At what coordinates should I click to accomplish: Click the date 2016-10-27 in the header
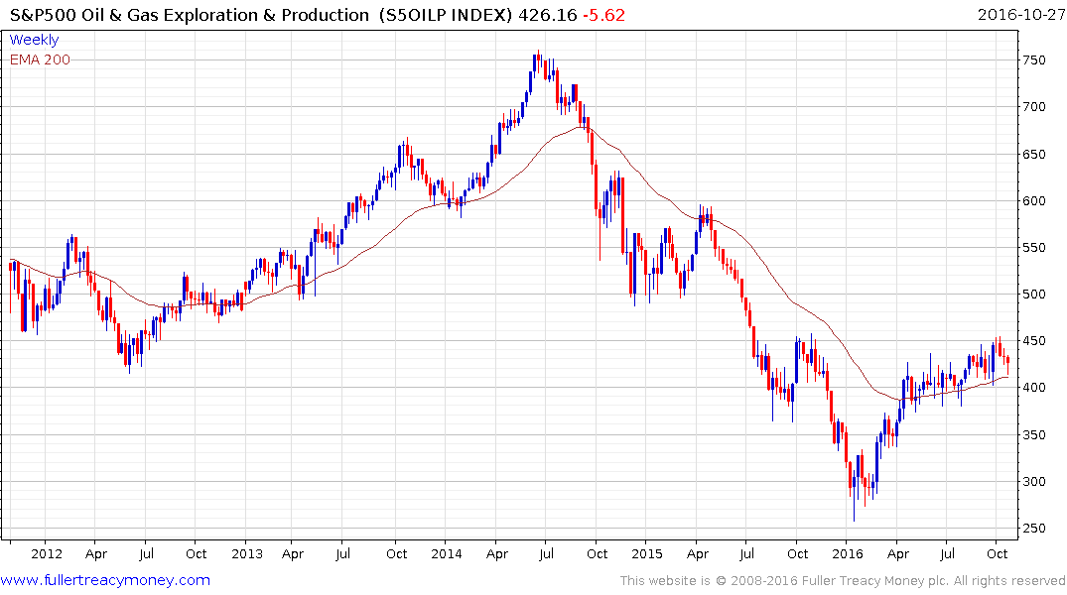click(1019, 15)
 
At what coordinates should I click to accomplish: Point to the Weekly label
click(34, 40)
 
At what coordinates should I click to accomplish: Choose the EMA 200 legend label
click(40, 59)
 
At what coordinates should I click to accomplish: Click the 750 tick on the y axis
click(1035, 60)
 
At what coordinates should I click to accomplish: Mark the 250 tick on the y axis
click(1035, 529)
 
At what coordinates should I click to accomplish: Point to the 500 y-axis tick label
click(1035, 295)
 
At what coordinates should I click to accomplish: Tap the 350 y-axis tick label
click(1035, 435)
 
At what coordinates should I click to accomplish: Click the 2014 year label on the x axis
click(446, 553)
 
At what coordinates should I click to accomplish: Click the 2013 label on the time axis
click(246, 553)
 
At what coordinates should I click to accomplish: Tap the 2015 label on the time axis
click(646, 553)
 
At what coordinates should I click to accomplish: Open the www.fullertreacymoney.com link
click(105, 580)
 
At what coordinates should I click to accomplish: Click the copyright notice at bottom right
click(843, 581)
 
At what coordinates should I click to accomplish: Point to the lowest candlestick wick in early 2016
click(854, 521)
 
